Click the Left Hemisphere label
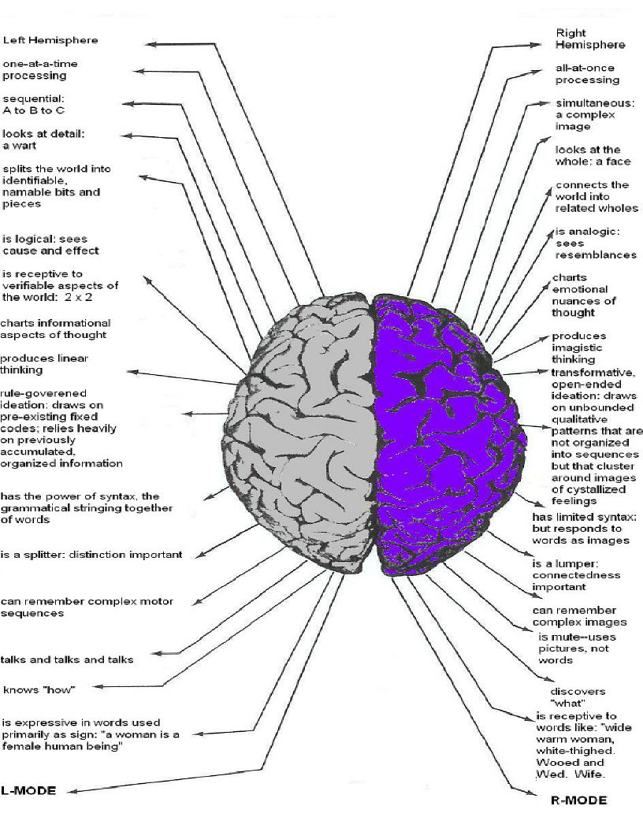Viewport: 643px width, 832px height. (51, 40)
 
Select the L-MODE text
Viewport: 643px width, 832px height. (29, 790)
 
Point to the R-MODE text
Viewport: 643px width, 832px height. (578, 800)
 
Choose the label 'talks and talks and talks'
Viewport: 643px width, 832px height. (67, 659)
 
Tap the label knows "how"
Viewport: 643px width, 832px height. (39, 690)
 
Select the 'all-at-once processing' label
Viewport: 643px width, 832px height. (587, 74)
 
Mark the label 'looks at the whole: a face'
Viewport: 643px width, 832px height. (593, 155)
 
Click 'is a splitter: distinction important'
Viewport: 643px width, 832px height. (91, 555)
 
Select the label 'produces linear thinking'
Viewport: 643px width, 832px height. (44, 364)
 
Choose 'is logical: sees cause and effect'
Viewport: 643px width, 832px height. (50, 244)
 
